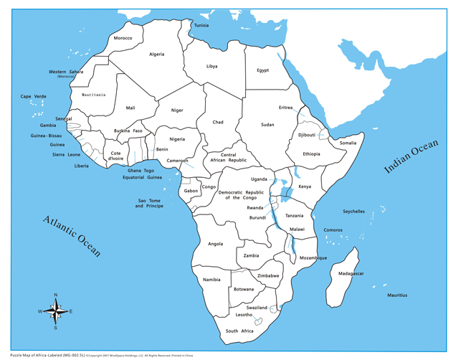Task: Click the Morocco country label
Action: point(123,38)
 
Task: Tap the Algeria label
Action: point(156,55)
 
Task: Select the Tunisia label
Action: point(201,25)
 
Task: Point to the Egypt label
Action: point(262,70)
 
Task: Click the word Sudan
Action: point(267,125)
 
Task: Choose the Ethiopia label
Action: point(311,154)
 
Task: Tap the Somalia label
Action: point(348,143)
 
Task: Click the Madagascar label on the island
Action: point(351,274)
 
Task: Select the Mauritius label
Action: point(397,295)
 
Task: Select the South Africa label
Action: point(239,331)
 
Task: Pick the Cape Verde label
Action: point(33,96)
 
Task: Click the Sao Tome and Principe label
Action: point(149,204)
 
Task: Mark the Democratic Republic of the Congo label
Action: point(241,195)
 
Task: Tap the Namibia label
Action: point(211,280)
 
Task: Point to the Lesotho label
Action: point(244,315)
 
